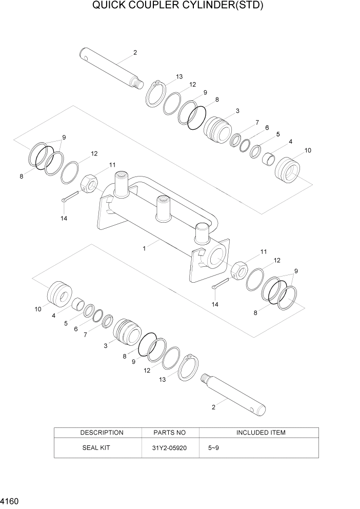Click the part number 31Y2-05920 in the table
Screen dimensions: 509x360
click(170, 447)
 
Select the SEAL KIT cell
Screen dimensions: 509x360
click(96, 447)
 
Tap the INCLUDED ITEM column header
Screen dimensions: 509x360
click(261, 433)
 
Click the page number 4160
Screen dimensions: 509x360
click(11, 498)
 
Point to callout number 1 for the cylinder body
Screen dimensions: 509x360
click(145, 248)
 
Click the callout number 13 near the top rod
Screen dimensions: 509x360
click(179, 76)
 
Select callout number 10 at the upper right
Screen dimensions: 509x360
click(308, 150)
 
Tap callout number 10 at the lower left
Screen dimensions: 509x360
click(38, 309)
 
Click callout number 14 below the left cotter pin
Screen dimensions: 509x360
click(64, 218)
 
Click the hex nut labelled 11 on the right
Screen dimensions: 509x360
click(239, 269)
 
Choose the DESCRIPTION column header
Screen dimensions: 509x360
click(102, 433)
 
